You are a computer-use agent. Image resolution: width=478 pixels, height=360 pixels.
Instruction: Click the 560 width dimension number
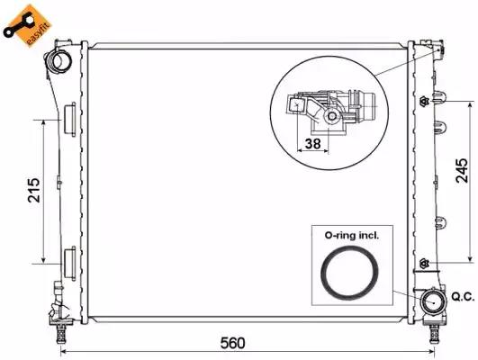[232, 343]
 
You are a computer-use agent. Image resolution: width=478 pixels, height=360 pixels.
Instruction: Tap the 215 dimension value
[34, 190]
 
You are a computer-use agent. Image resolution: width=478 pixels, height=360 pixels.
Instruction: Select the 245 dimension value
[462, 170]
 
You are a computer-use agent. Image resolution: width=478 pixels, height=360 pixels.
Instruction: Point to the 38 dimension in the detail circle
[312, 143]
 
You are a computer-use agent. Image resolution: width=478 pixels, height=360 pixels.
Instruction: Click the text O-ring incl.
[352, 235]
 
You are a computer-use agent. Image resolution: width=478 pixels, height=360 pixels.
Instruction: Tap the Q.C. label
[463, 297]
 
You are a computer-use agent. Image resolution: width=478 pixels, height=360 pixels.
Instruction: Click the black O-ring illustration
[349, 273]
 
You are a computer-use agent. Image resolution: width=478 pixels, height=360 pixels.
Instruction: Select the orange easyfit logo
[27, 25]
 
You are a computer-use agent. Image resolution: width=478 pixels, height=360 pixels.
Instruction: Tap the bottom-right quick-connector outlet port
[433, 301]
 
